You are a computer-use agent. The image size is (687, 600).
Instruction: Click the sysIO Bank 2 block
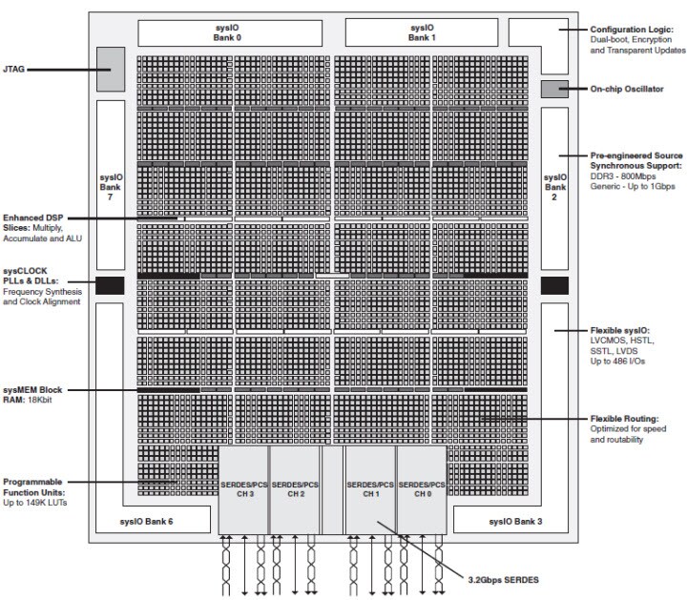pyautogui.click(x=554, y=182)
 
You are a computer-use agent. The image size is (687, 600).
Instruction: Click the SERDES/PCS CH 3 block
pyautogui.click(x=243, y=490)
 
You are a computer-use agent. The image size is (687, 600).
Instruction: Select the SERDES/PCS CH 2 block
pyautogui.click(x=294, y=490)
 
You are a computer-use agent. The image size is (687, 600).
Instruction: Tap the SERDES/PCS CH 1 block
pyautogui.click(x=370, y=490)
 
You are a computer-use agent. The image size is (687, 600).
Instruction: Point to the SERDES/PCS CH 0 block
pyautogui.click(x=421, y=490)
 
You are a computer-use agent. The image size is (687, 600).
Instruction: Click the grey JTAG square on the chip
pyautogui.click(x=111, y=68)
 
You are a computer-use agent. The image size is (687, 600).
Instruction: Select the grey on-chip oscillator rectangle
pyautogui.click(x=554, y=90)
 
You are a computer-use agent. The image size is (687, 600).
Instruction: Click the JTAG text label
pyautogui.click(x=28, y=69)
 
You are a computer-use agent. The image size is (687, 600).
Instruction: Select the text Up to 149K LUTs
pyautogui.click(x=40, y=501)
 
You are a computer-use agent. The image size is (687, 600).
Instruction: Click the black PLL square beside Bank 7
pyautogui.click(x=111, y=284)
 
